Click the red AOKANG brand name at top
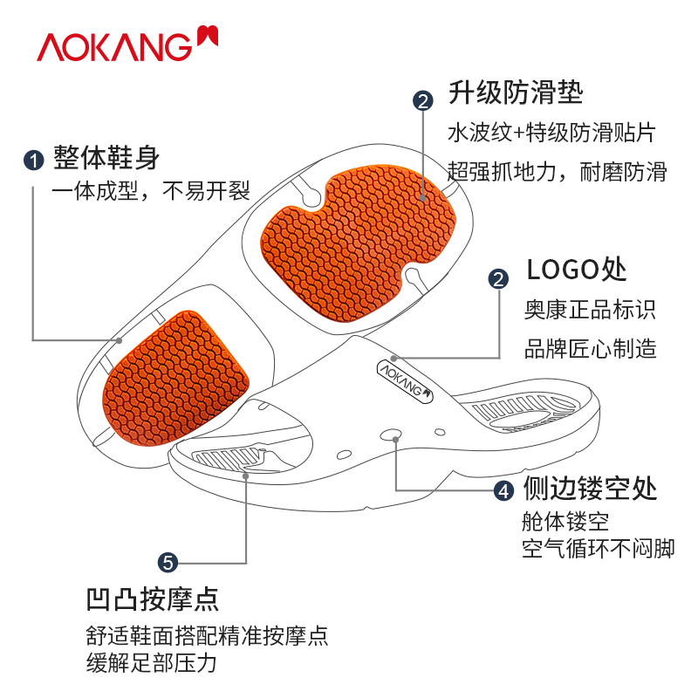coord(113,45)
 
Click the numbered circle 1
coord(33,160)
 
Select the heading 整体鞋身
coord(106,158)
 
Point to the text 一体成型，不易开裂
coord(151,191)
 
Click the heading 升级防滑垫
coord(516,92)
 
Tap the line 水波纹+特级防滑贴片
coord(551,133)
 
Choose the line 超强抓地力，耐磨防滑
coord(557,171)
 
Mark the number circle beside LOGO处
coord(498,279)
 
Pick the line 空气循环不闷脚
coord(598,549)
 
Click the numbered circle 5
coord(168,562)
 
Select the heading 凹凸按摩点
coord(152,599)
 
